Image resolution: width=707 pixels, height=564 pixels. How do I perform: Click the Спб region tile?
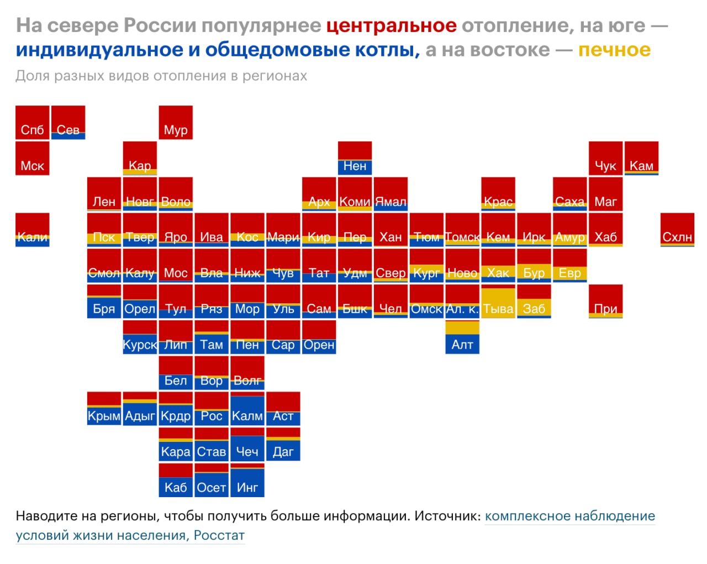click(x=33, y=123)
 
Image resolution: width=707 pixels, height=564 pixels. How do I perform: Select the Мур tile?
click(x=176, y=123)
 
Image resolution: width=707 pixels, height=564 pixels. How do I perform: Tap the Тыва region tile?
click(x=498, y=302)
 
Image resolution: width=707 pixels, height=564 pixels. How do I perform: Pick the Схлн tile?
click(x=677, y=230)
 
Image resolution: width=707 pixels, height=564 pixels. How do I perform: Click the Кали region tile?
click(x=33, y=230)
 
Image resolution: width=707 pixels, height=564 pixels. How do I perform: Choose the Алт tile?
click(x=462, y=338)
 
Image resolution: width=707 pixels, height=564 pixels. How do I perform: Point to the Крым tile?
click(x=104, y=409)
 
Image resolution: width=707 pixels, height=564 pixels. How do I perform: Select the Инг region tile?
click(x=247, y=481)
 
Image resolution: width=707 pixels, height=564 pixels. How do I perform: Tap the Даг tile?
click(x=283, y=445)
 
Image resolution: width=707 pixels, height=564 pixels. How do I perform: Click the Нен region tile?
click(x=355, y=159)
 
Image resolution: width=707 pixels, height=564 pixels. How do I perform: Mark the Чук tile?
click(x=605, y=159)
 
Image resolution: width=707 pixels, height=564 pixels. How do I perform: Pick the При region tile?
click(x=605, y=302)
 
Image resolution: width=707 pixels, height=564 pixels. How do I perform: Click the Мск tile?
click(x=33, y=159)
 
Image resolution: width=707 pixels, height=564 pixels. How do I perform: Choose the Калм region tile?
click(x=247, y=409)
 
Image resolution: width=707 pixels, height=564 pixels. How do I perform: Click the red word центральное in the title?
click(x=391, y=25)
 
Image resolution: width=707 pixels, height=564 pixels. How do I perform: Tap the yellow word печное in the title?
click(x=614, y=50)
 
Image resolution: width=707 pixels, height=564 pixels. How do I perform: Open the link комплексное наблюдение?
click(x=569, y=516)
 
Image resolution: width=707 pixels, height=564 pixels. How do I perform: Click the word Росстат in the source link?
click(x=219, y=535)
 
